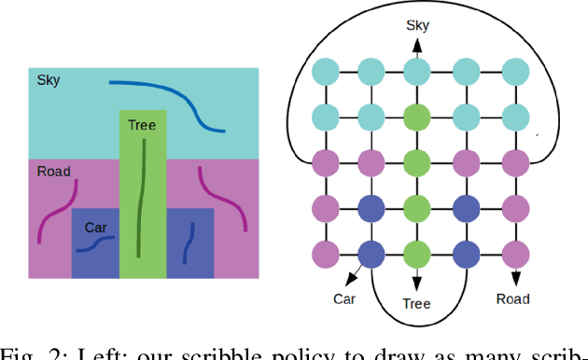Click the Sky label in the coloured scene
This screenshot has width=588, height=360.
coord(49,81)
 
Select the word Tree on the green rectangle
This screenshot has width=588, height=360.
coord(142,125)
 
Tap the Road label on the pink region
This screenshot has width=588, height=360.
coord(54,172)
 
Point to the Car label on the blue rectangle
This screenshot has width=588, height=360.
coord(95,228)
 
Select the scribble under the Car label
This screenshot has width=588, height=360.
coord(94,244)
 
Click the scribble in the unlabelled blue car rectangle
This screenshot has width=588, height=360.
coord(189,244)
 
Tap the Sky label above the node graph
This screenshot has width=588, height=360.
coord(417,25)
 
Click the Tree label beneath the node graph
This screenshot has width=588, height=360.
coord(416,304)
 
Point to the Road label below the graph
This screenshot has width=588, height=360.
coord(512,299)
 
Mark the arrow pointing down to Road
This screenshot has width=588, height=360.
coord(514,274)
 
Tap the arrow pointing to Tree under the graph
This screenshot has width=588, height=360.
coord(417,278)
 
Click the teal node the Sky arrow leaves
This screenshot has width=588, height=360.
coord(417,72)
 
